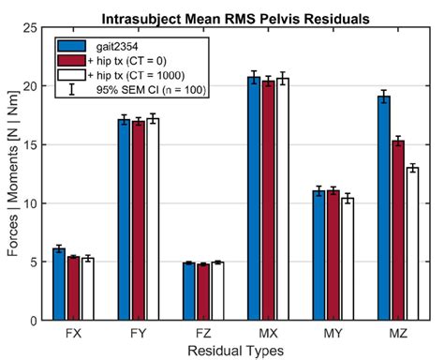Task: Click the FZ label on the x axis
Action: pyautogui.click(x=203, y=334)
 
